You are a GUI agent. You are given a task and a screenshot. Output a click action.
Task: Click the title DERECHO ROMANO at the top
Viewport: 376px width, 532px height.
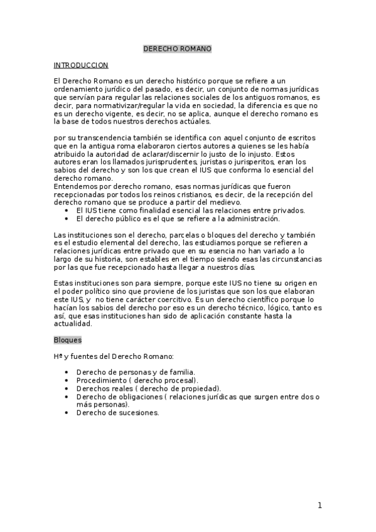click(x=177, y=49)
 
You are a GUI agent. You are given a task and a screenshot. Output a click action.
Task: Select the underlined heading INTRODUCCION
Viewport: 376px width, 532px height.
click(x=81, y=65)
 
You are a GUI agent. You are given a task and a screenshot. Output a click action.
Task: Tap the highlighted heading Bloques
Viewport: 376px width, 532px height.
click(x=67, y=340)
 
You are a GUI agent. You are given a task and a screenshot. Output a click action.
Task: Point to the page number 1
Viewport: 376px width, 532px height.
click(x=320, y=505)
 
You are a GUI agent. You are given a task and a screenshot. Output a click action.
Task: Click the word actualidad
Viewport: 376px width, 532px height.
click(x=73, y=324)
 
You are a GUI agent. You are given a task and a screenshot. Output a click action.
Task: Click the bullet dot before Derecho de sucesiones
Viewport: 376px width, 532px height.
click(x=67, y=413)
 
